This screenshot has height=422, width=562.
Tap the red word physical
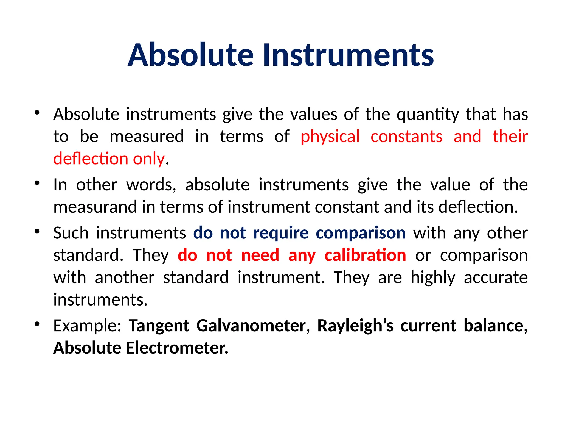click(x=330, y=137)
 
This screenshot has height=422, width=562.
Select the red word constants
click(x=406, y=137)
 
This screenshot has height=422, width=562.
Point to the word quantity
click(x=428, y=114)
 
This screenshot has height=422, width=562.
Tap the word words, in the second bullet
click(x=151, y=185)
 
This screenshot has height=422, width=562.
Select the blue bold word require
click(x=281, y=233)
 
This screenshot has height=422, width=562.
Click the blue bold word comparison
click(x=361, y=233)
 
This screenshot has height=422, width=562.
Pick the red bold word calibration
click(x=365, y=255)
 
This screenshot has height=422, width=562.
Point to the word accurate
click(x=496, y=277)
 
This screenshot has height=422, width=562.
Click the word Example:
click(x=87, y=326)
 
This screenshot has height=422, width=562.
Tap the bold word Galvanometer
click(x=251, y=326)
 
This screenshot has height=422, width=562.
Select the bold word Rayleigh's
click(x=355, y=326)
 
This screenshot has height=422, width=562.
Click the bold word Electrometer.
click(x=177, y=348)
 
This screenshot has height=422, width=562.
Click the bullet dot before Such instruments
click(x=37, y=231)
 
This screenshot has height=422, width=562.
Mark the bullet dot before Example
click(x=37, y=324)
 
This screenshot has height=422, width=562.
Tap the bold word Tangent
click(x=159, y=326)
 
